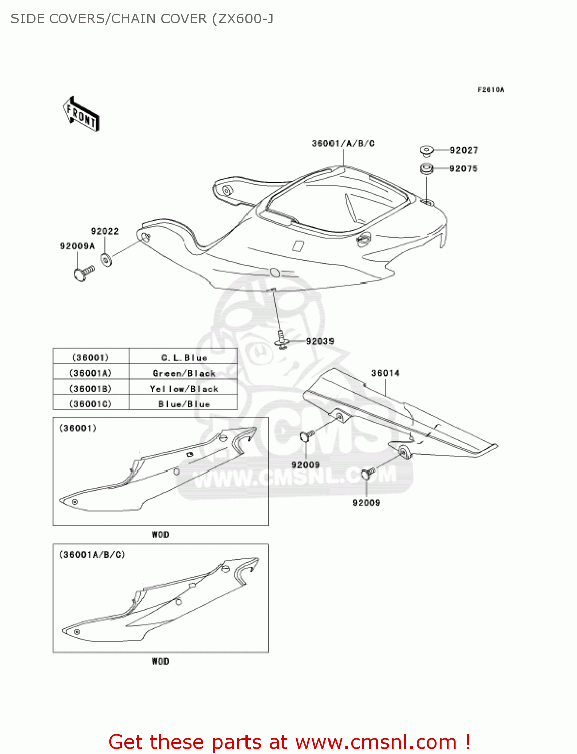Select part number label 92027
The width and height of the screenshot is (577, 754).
pyautogui.click(x=463, y=150)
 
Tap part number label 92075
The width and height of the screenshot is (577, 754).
pyautogui.click(x=463, y=169)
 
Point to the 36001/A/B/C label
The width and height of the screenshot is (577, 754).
pyautogui.click(x=343, y=144)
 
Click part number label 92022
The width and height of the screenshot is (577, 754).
pyautogui.click(x=105, y=231)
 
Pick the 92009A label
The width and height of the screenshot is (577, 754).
pyautogui.click(x=77, y=246)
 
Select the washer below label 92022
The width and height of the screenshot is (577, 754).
pyautogui.click(x=106, y=260)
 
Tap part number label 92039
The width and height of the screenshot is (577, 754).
pyautogui.click(x=320, y=341)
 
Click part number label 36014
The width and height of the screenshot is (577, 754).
pyautogui.click(x=385, y=373)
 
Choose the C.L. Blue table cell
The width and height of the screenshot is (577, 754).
pyautogui.click(x=184, y=358)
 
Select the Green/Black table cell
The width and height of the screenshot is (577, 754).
pyautogui.click(x=184, y=373)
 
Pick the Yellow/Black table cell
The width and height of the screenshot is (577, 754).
pyautogui.click(x=184, y=389)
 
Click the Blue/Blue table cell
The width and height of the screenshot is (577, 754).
pyautogui.click(x=184, y=404)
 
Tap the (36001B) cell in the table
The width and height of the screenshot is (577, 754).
pyautogui.click(x=91, y=389)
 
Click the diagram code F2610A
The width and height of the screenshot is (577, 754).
pyautogui.click(x=490, y=90)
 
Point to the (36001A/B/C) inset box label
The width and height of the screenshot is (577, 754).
pyautogui.click(x=92, y=555)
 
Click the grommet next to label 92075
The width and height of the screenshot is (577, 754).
pyautogui.click(x=427, y=169)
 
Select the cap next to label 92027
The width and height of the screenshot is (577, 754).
pyautogui.click(x=427, y=150)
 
